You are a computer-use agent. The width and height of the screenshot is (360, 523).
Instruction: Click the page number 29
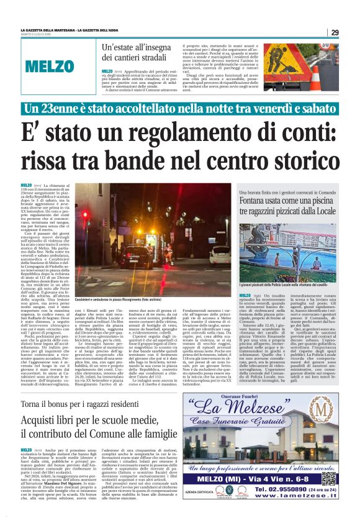click(335, 32)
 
